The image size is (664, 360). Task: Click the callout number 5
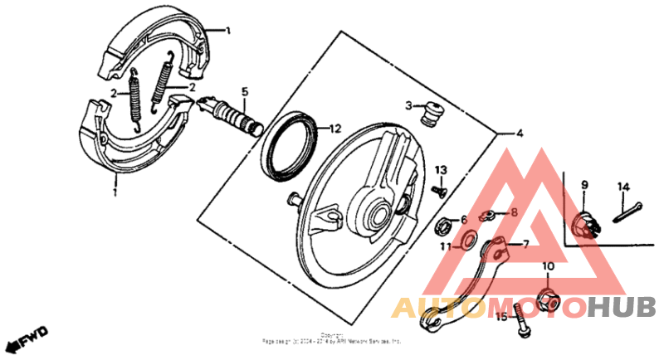click(x=245, y=91)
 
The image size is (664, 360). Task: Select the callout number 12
click(x=334, y=129)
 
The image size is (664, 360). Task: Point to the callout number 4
click(x=519, y=133)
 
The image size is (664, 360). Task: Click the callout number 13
click(x=442, y=169)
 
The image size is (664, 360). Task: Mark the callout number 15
click(x=501, y=317)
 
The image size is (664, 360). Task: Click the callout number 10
click(x=548, y=266)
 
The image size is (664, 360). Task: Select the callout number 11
click(x=446, y=246)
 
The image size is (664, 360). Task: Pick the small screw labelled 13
click(x=440, y=190)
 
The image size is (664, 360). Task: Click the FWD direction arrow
click(x=24, y=338)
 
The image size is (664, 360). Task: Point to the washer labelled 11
click(x=467, y=241)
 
